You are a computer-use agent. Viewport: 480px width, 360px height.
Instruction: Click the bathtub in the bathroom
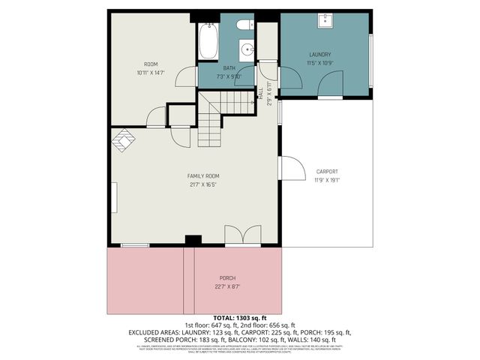pos(208,40)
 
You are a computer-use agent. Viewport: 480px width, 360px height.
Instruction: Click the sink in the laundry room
pos(327,19)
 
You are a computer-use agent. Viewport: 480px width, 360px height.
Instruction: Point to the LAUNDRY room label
pos(320,55)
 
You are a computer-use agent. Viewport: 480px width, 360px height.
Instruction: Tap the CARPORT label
pos(326,171)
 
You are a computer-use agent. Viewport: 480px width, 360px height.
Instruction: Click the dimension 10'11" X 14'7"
pos(150,73)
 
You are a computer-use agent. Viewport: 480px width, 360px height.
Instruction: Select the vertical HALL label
pos(261,92)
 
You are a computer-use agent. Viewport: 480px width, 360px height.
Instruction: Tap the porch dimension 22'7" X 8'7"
pos(227,286)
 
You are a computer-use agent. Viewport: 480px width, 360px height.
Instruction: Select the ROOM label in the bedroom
pos(150,64)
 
